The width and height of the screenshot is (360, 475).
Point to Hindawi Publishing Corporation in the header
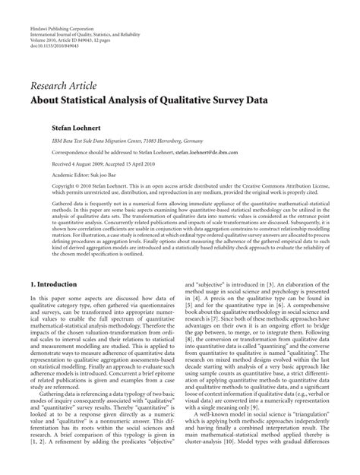[x=60, y=7]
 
